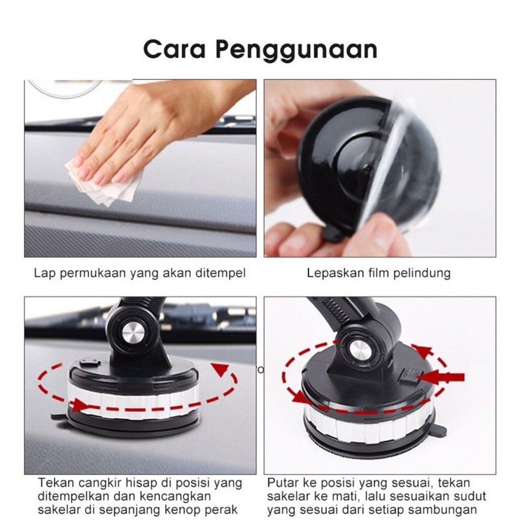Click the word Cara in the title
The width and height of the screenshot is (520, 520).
[174, 49]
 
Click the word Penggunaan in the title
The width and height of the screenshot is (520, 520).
[296, 51]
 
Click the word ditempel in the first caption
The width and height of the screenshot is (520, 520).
[220, 273]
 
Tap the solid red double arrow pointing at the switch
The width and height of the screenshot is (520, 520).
[441, 378]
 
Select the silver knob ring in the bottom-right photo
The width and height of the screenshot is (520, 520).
[369, 424]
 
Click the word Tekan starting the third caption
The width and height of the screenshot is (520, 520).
[56, 482]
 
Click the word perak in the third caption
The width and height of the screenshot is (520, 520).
[220, 510]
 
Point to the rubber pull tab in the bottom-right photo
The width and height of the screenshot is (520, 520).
[439, 430]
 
